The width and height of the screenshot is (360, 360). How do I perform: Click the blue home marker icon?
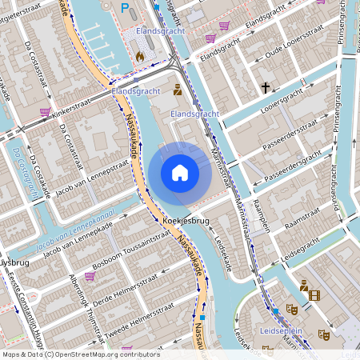pos(180,173)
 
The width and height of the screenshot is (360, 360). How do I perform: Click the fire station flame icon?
pos(139,56)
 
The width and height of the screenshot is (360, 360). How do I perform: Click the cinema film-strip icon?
pos(314,296)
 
